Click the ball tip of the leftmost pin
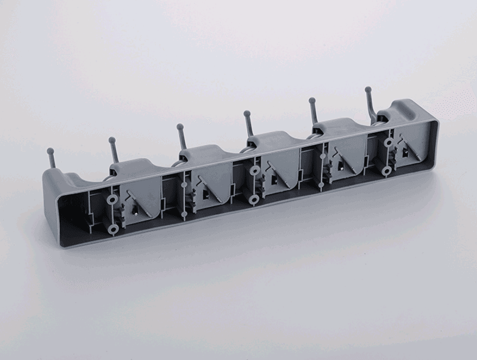coord(49,151)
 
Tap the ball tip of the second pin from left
coord(111,139)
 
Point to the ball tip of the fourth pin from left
coord(247,113)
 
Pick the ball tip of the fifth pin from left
coord(312,101)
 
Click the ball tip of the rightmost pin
coord(368,89)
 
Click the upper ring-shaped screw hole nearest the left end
coord(112,200)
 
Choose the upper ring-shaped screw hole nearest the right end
coord(389,143)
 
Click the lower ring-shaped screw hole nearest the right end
coord(386,170)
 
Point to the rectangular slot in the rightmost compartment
coord(407,153)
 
